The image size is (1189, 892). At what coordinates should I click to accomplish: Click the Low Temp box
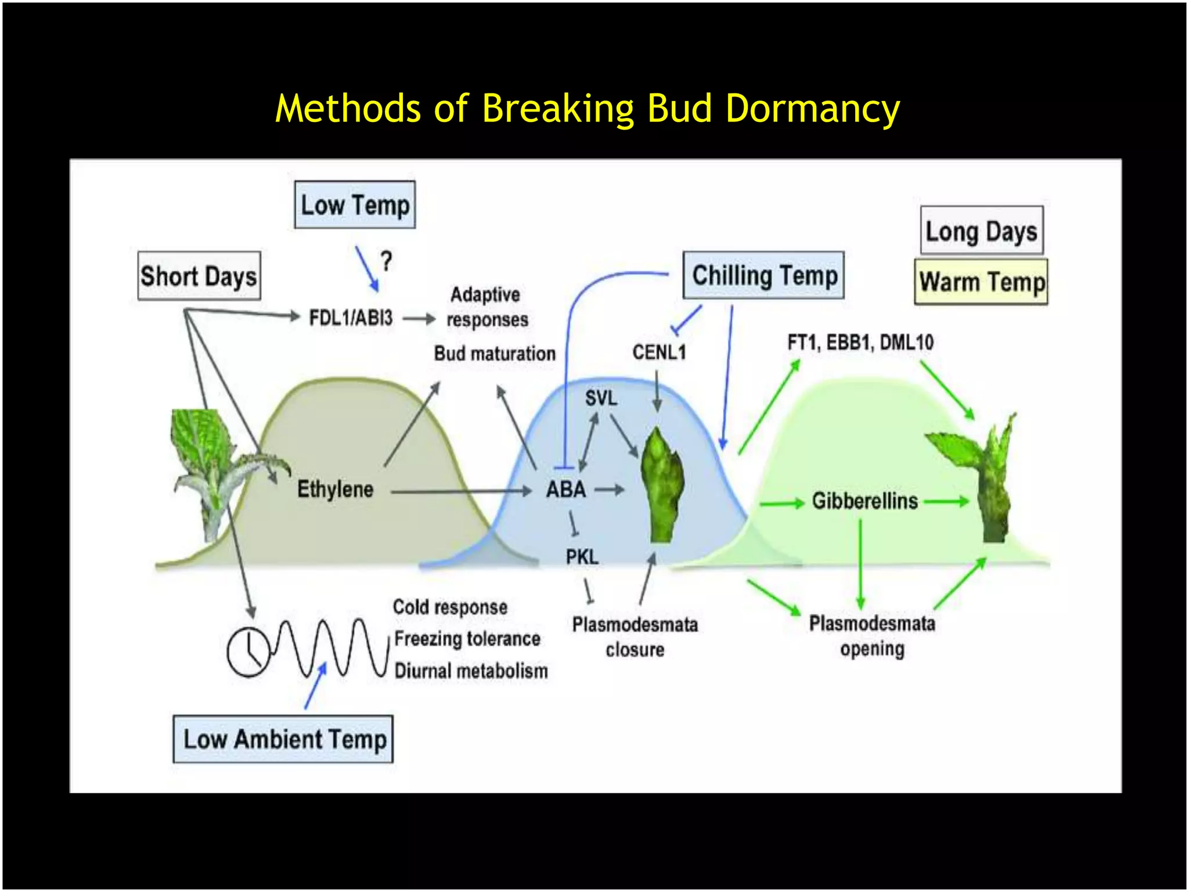[355, 205]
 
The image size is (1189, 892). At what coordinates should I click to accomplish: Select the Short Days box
[199, 276]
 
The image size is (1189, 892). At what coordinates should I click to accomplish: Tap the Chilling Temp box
[763, 275]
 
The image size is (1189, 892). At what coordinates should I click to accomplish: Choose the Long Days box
[981, 231]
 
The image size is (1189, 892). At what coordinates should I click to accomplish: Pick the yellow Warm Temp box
[981, 282]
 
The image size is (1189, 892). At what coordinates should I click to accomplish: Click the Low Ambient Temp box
[283, 739]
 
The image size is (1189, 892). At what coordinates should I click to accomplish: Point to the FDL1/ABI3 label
[351, 318]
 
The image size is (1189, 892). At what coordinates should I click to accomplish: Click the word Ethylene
[335, 489]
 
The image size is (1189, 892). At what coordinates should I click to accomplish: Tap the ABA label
[565, 490]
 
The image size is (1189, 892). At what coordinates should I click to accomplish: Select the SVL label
[601, 398]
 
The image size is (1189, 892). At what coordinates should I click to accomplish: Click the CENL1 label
[659, 352]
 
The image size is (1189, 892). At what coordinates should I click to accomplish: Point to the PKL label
[582, 557]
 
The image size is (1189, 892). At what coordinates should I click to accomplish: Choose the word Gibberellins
[864, 501]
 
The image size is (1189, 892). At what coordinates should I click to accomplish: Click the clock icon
[248, 652]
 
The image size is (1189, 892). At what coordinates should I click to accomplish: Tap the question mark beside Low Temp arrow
[387, 261]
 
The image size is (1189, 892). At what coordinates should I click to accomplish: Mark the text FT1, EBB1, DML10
[860, 342]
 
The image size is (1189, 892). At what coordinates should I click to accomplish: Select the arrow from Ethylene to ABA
[461, 492]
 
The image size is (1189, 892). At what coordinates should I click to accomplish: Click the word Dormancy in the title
[812, 109]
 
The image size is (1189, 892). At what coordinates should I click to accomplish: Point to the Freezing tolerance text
[467, 639]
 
